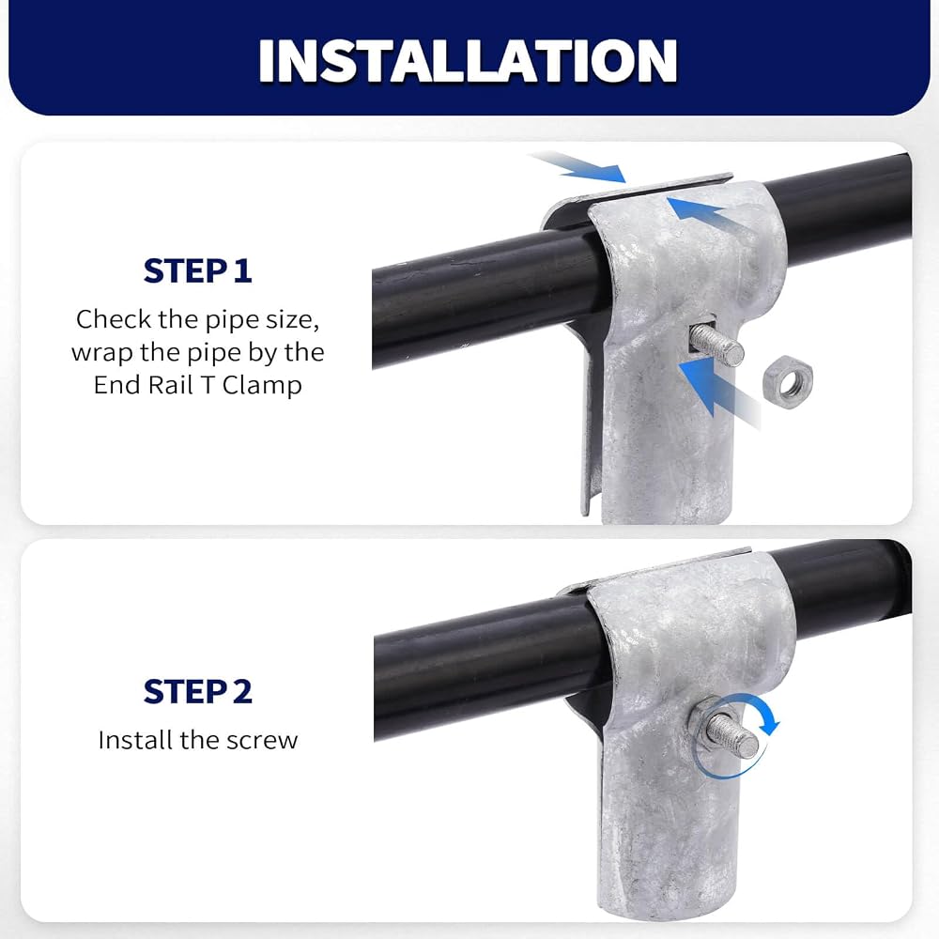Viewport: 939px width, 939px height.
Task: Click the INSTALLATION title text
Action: [468, 60]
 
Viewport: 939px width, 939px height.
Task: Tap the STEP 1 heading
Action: [197, 270]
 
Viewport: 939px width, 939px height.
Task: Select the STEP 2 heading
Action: [197, 692]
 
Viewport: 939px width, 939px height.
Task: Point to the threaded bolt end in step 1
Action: [717, 345]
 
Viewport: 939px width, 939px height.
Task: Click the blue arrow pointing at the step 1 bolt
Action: [718, 393]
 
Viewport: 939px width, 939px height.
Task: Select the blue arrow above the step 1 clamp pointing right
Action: [577, 166]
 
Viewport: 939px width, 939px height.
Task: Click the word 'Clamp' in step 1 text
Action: [262, 385]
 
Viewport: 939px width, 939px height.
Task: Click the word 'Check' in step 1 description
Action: [114, 319]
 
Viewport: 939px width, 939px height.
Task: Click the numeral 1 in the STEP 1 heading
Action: [242, 270]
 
